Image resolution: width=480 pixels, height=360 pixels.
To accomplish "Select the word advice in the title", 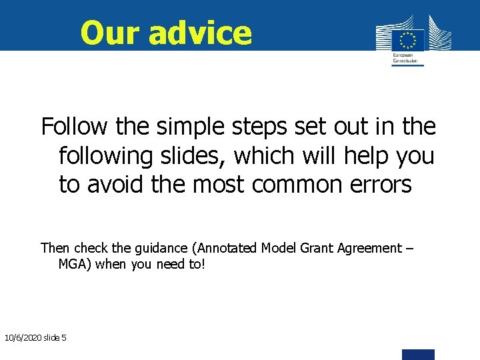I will point(200,33).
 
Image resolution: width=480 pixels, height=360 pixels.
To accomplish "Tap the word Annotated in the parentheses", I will point(225,248).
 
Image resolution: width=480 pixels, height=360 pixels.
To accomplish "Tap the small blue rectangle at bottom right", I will point(418,354).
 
